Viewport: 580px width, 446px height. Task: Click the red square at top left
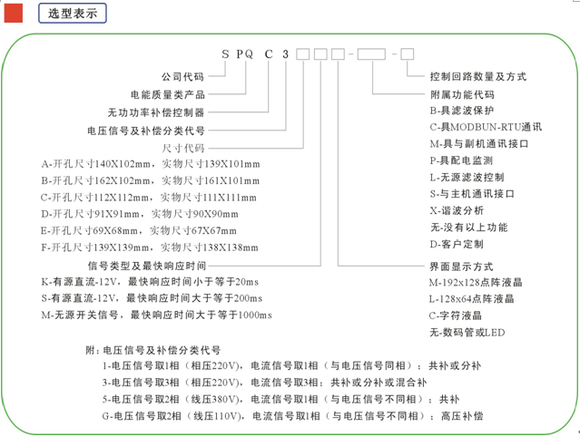[14, 14]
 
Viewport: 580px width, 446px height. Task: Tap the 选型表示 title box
[73, 14]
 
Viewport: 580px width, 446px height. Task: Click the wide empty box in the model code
[371, 54]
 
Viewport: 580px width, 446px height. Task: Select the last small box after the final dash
[408, 54]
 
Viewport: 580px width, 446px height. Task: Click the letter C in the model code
[269, 54]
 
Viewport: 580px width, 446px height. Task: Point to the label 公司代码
[182, 76]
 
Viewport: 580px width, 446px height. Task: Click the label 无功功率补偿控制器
[156, 112]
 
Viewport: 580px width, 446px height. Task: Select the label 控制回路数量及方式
[478, 76]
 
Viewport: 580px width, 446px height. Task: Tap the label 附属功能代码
[462, 94]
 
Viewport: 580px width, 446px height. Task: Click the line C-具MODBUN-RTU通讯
[486, 127]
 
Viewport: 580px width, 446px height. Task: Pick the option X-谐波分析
[457, 210]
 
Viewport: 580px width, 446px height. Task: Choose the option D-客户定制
[457, 244]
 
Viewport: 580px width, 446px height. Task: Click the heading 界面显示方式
[461, 267]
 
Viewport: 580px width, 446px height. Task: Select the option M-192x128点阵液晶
[476, 283]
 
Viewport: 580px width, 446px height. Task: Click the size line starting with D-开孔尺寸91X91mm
[140, 214]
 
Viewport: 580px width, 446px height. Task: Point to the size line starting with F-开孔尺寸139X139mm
[150, 247]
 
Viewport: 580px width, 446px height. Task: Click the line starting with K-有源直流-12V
[150, 282]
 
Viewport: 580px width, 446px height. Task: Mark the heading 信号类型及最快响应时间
[147, 266]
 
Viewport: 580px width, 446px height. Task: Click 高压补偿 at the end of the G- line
[462, 416]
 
